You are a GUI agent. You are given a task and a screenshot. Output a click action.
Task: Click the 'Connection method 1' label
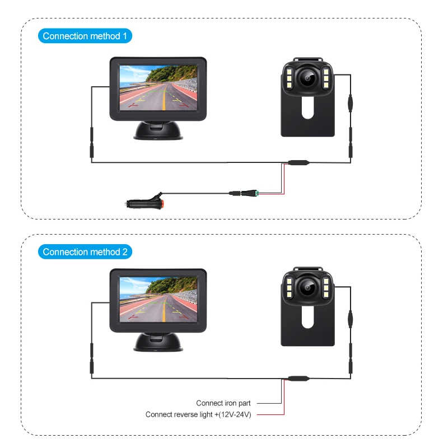85,36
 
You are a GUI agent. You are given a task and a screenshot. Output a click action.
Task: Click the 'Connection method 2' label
85,252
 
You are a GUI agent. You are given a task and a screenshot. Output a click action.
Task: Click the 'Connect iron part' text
223,403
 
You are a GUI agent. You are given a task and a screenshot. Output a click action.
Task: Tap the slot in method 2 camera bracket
307,317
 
